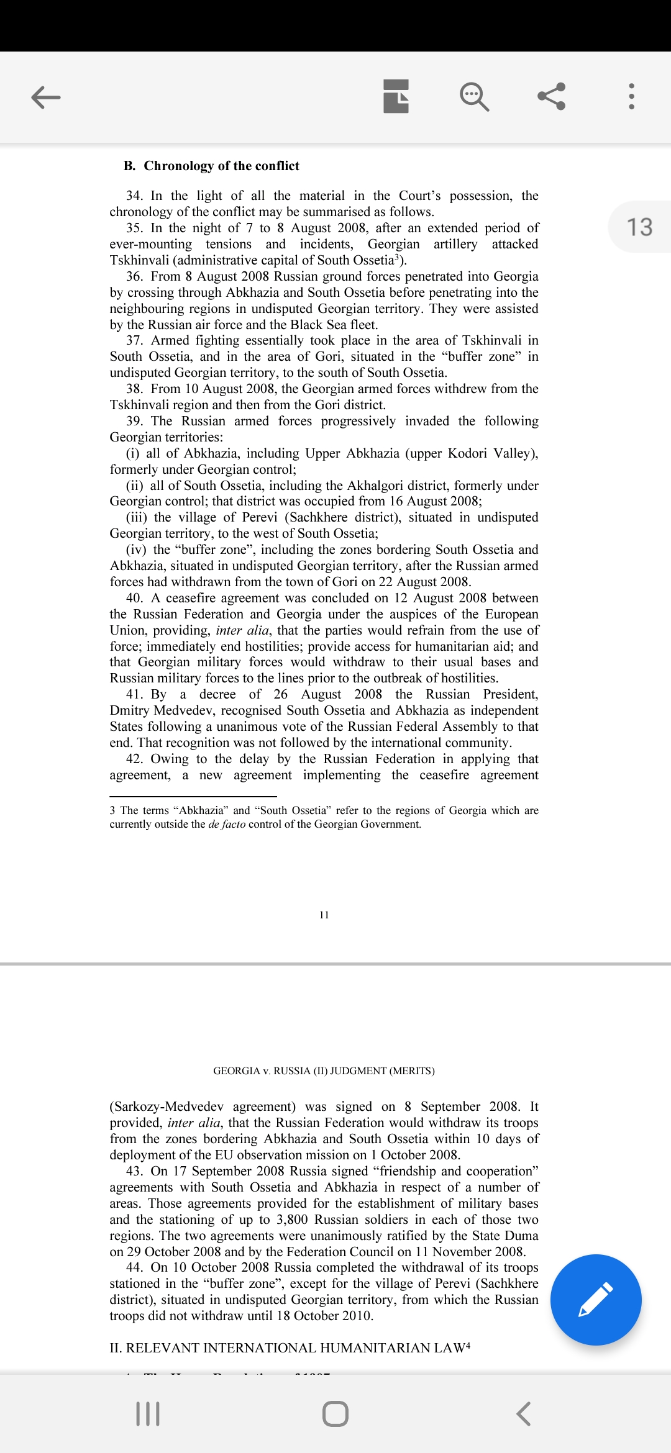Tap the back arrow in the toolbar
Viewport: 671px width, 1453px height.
(x=46, y=97)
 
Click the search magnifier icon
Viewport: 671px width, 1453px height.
(x=474, y=97)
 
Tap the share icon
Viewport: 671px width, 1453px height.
(x=552, y=97)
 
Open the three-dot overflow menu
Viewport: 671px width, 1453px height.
(x=631, y=97)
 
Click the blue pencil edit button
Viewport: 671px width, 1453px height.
(x=595, y=1300)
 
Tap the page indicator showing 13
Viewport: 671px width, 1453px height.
(x=639, y=227)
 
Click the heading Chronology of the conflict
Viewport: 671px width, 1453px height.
(x=221, y=166)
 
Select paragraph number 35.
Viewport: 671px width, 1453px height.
(x=134, y=228)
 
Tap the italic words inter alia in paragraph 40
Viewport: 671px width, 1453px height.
(x=242, y=630)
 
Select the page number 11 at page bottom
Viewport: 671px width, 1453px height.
(x=324, y=915)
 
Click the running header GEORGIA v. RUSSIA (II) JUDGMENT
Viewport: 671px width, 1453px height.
(x=324, y=1071)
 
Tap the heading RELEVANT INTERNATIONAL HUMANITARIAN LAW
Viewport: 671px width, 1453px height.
(x=290, y=1347)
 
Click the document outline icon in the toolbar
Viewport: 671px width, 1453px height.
(x=396, y=97)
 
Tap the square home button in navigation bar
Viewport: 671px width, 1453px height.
(x=335, y=1414)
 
